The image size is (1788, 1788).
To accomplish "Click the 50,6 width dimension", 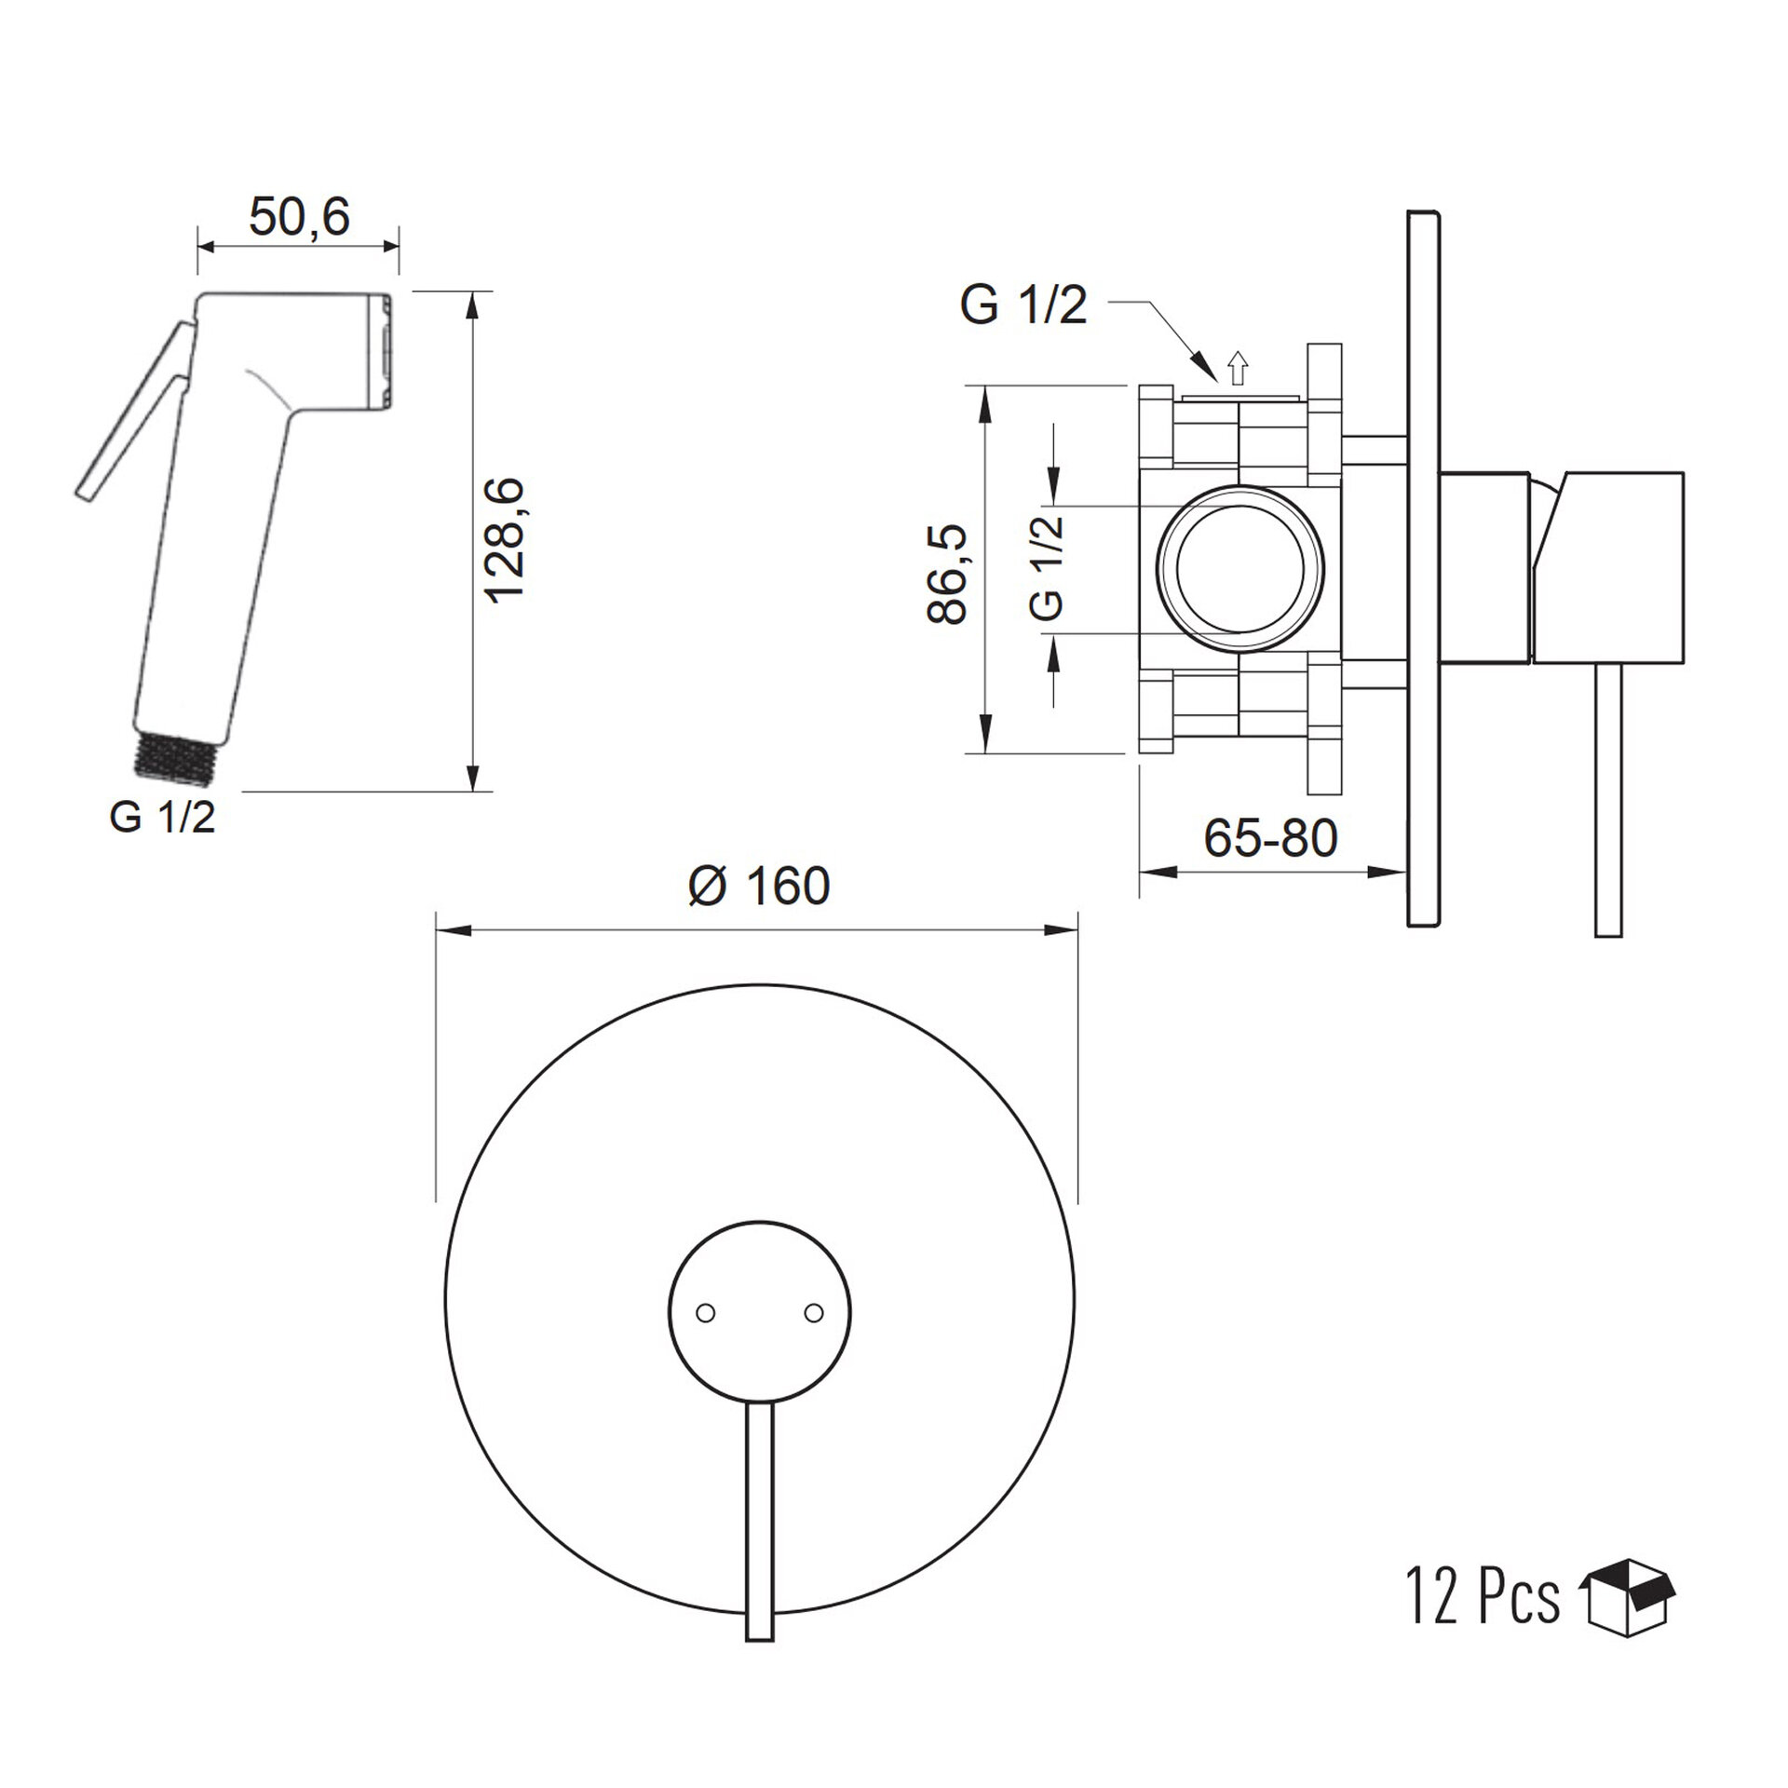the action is (299, 218).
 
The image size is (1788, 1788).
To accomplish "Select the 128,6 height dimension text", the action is (507, 541).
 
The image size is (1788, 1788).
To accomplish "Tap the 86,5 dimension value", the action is (947, 574).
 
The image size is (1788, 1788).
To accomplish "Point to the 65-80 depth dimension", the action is (1270, 838).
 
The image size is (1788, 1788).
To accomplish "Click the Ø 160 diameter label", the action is (759, 886).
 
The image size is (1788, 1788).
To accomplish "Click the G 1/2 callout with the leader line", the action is (1024, 305).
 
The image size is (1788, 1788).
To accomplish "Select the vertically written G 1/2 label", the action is (1048, 567).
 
